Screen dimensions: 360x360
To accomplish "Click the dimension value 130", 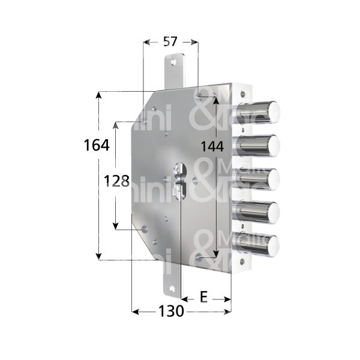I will click(171, 311).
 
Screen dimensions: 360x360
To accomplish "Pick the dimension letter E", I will click(204, 297).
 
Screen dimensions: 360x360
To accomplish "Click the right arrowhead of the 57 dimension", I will click(196, 42).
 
